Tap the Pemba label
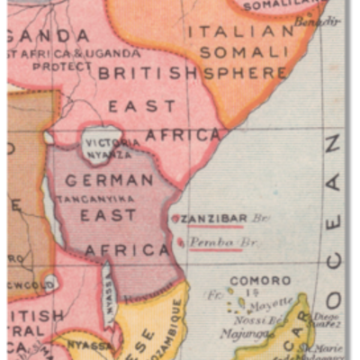210,242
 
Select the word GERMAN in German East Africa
109,180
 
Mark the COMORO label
260,281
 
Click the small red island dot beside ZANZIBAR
175,219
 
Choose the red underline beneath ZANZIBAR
212,227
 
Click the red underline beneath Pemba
216,250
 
